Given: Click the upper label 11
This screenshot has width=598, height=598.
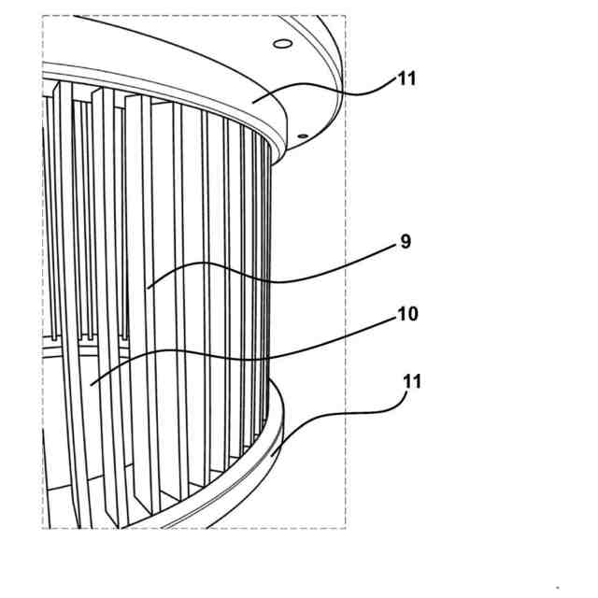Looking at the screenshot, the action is pyautogui.click(x=406, y=78).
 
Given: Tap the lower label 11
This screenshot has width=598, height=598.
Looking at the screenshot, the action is pyautogui.click(x=412, y=381).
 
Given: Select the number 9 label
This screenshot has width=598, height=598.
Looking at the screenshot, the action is pyautogui.click(x=405, y=242).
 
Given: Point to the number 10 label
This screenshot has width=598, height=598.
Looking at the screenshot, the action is pyautogui.click(x=407, y=314).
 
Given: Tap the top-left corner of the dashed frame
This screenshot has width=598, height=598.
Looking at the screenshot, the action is pyautogui.click(x=43, y=15).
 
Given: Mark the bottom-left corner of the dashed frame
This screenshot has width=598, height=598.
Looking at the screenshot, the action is pyautogui.click(x=43, y=528).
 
